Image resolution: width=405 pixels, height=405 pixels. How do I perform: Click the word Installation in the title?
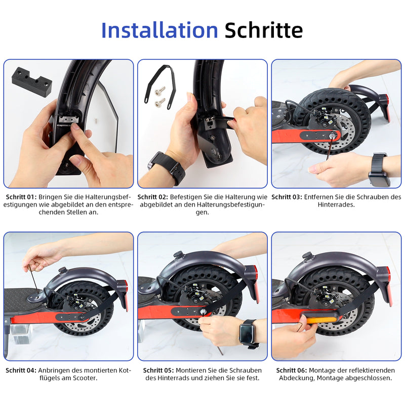(159, 30)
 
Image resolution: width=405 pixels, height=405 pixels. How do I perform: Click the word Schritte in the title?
(264, 30)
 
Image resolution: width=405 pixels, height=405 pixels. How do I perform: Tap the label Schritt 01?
(21, 196)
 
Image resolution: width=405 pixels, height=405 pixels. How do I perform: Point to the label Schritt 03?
(287, 196)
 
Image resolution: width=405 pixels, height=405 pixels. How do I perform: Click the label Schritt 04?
(21, 370)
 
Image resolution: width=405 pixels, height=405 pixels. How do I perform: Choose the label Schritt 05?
(158, 370)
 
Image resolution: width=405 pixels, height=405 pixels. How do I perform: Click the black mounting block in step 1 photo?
(32, 81)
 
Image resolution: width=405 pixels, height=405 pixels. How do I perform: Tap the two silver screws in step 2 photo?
(160, 96)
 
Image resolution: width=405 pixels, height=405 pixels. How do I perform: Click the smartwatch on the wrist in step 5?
(248, 333)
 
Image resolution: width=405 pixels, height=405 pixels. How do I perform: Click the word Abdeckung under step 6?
(299, 378)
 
